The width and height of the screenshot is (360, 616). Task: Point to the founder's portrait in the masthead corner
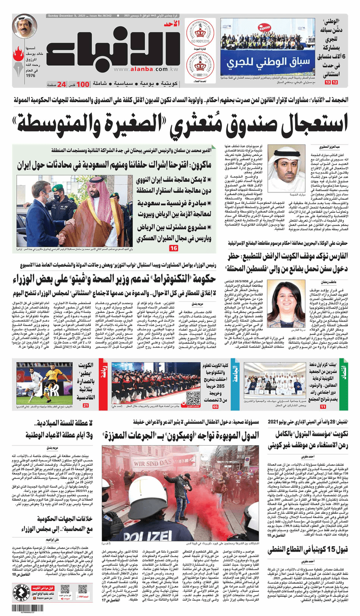25,26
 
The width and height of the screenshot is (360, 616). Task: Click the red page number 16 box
173,248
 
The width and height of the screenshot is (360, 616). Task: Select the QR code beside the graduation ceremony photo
193,385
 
